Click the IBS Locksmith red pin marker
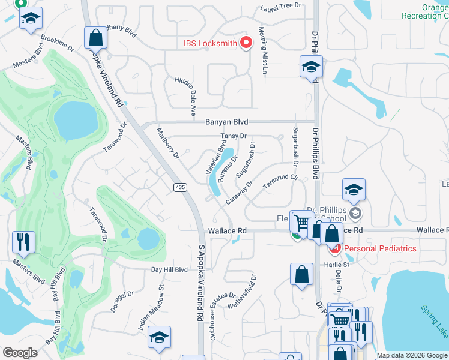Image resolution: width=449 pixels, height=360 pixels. pyautogui.click(x=246, y=43)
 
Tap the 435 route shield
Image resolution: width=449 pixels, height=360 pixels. pyautogui.click(x=179, y=188)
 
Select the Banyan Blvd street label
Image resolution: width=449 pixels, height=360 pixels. pyautogui.click(x=227, y=122)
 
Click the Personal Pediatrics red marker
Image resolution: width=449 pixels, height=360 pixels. pyautogui.click(x=335, y=248)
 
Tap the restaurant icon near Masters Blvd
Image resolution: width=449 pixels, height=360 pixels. pyautogui.click(x=23, y=242)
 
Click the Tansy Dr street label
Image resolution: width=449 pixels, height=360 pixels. pyautogui.click(x=234, y=136)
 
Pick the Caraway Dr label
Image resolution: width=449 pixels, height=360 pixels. pyautogui.click(x=239, y=193)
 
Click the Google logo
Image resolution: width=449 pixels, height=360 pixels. pyautogui.click(x=20, y=352)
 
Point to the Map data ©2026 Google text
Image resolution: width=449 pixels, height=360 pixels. pyautogui.click(x=412, y=355)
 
